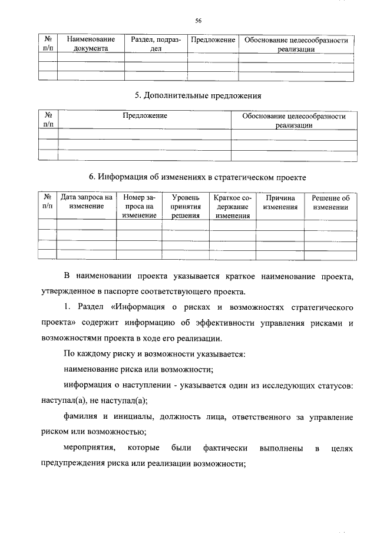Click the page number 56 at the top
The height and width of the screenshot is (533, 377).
(x=199, y=21)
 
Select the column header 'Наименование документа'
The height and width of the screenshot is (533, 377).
(x=90, y=44)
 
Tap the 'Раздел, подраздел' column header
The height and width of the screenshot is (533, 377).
(x=156, y=44)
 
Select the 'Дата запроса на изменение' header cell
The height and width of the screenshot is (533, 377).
(x=86, y=203)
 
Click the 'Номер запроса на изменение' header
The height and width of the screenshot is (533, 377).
(x=139, y=207)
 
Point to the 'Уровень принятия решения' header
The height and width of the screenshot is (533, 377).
(x=186, y=207)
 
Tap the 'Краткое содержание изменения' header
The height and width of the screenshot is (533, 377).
(x=232, y=207)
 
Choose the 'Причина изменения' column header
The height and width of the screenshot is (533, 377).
(x=280, y=203)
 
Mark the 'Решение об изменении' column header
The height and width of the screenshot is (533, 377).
(x=330, y=203)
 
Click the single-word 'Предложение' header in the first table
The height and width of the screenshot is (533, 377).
(x=213, y=40)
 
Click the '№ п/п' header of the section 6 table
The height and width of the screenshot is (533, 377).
(x=47, y=203)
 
